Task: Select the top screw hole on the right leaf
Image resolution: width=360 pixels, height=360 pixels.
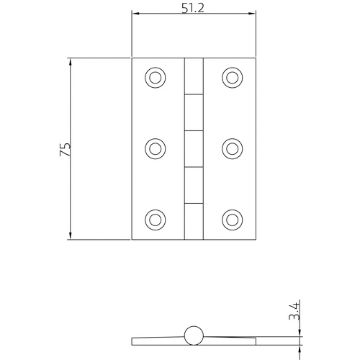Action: (231, 77)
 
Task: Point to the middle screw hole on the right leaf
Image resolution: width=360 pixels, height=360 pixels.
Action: (231, 148)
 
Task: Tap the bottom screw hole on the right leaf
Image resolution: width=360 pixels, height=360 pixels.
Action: (231, 218)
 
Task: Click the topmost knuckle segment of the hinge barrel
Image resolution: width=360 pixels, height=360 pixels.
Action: (193, 76)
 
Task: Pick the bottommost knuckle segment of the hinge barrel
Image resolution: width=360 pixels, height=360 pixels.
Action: (193, 220)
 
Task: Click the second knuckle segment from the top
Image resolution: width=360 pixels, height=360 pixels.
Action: (193, 112)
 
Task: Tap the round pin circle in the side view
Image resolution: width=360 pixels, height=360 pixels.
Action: (193, 336)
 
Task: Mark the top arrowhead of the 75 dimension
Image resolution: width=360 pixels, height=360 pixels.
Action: (70, 61)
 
